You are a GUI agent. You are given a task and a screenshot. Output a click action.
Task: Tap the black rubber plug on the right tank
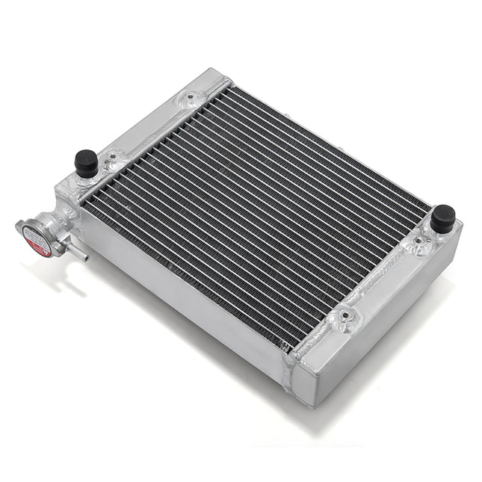(x=442, y=217)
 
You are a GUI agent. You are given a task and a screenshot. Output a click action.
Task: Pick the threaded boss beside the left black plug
(x=112, y=157)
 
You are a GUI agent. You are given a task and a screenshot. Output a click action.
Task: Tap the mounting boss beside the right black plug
(x=415, y=243)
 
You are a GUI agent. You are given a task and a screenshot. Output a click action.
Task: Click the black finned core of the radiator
(x=254, y=209)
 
